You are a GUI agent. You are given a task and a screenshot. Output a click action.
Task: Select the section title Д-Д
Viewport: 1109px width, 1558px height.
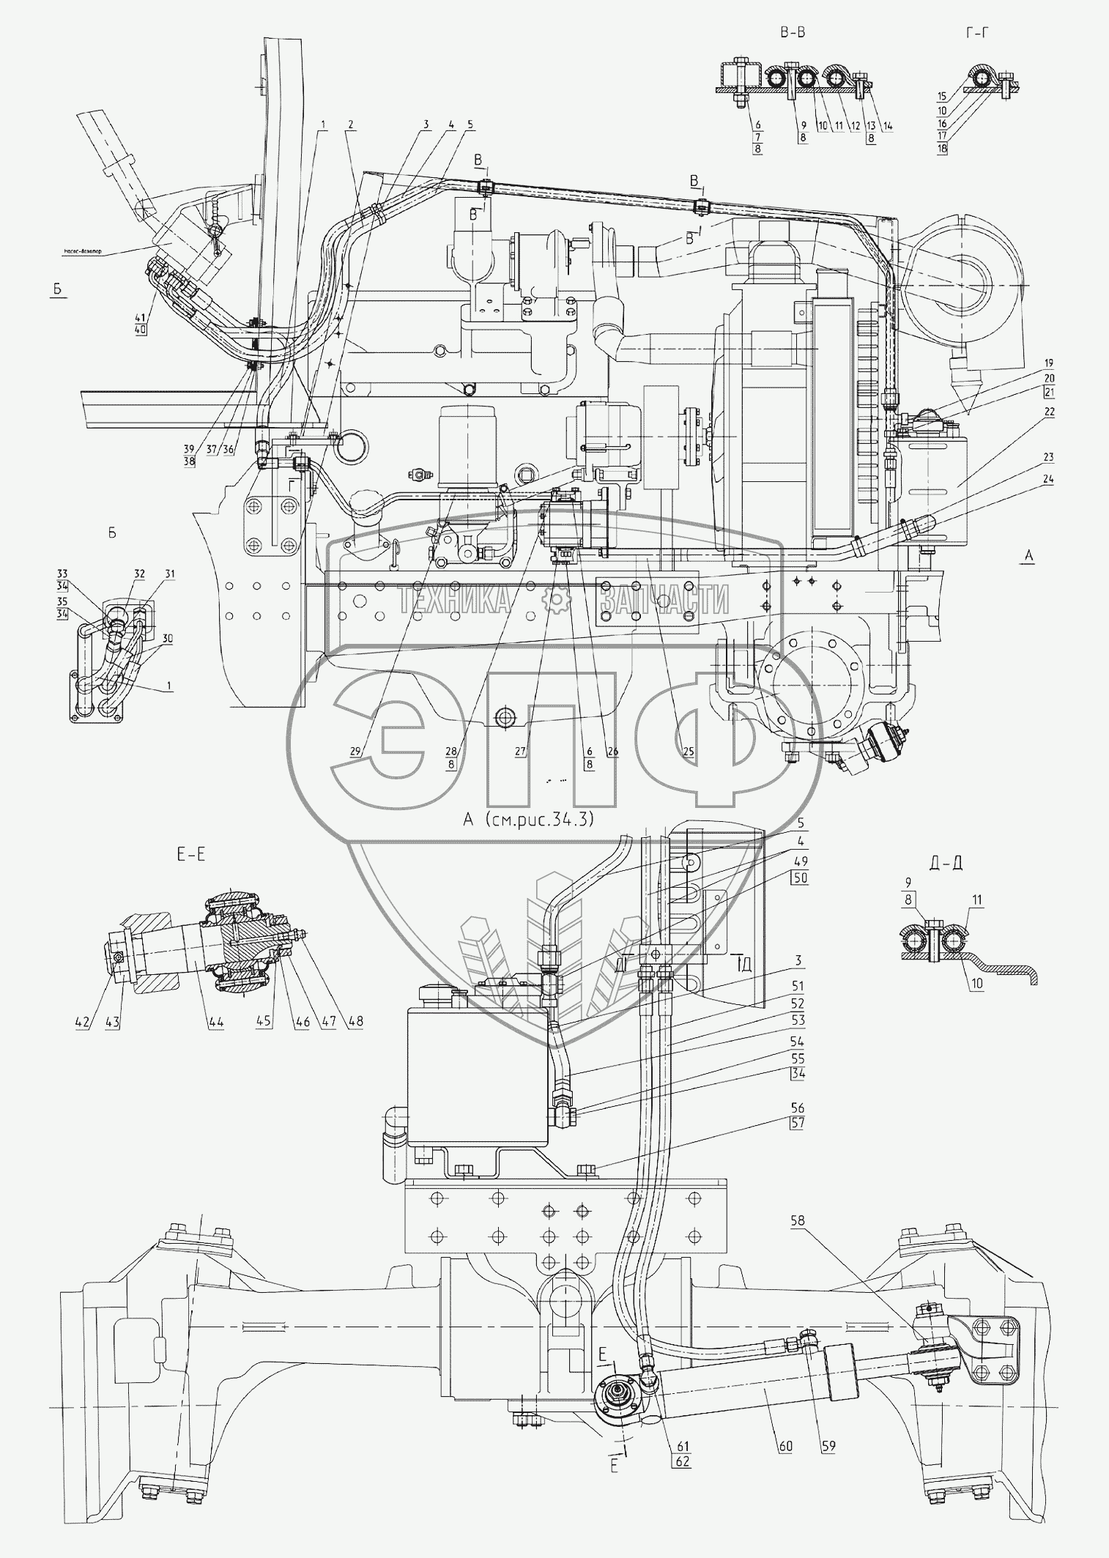pos(946,863)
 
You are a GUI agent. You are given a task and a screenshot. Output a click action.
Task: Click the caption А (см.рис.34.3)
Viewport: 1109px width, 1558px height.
pos(527,819)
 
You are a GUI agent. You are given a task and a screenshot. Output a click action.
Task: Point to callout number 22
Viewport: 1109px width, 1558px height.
pos(1049,412)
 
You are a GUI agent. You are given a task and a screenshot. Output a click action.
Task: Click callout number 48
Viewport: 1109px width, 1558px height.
pos(355,1023)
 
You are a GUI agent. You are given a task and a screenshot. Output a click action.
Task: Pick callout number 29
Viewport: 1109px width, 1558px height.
pos(355,752)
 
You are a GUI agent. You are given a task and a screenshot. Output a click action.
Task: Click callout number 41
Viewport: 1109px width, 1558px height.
pos(141,318)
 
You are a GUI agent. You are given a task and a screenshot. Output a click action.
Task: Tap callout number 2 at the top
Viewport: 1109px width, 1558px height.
pos(351,125)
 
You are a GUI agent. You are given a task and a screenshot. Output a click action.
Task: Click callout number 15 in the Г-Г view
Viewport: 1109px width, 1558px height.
pos(942,96)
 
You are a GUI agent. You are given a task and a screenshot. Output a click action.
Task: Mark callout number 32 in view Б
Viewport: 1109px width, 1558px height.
pos(119,574)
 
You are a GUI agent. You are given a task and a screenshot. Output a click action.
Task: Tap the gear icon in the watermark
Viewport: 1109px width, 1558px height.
pos(556,601)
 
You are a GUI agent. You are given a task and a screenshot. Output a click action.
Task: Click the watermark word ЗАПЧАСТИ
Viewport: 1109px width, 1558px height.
pos(664,601)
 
